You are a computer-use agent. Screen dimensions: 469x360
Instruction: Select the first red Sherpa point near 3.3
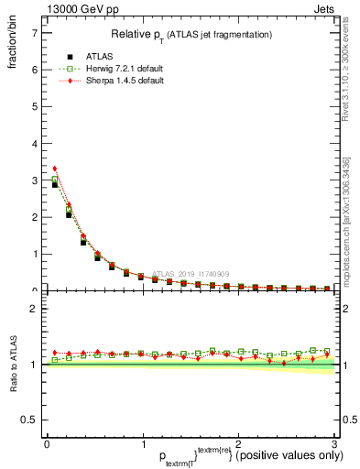click(x=55, y=169)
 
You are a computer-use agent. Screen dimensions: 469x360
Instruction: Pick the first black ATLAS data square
click(x=55, y=185)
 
